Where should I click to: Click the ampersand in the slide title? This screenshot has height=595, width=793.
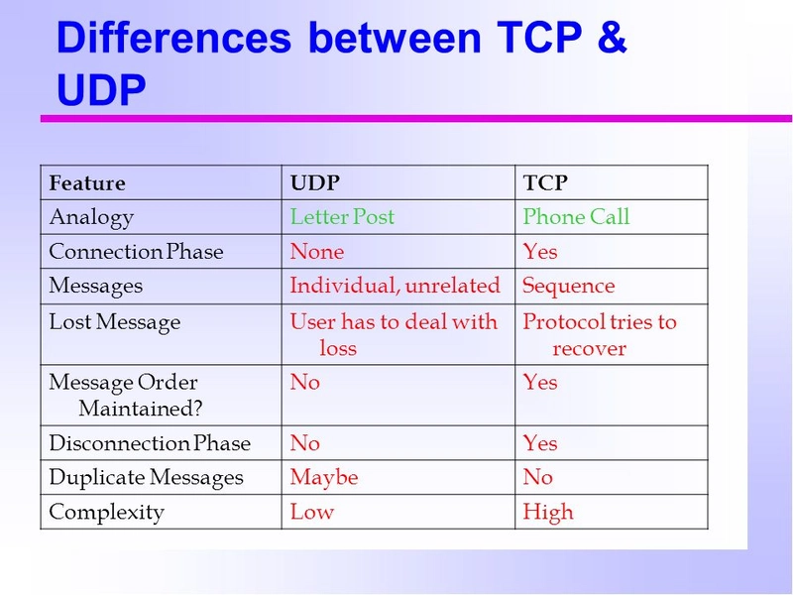coord(612,37)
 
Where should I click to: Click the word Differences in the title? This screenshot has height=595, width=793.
coord(174,37)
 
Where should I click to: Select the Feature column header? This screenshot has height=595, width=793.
coord(87,182)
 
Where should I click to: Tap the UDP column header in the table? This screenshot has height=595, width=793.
coord(314,182)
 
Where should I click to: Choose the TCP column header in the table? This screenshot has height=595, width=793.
coord(545,182)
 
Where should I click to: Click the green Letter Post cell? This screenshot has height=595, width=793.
coord(342,216)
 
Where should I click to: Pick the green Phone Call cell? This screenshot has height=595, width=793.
coord(576,216)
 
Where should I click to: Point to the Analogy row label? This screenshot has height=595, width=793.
coord(91,218)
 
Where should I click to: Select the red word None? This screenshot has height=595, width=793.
coord(317,252)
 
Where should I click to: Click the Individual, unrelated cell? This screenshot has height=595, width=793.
coord(395,286)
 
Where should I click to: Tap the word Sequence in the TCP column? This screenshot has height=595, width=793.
coord(569,287)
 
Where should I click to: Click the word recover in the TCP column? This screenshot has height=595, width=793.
coord(589,349)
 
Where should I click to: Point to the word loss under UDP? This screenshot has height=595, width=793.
coord(338,348)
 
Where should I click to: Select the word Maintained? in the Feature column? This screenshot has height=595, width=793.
coord(141,409)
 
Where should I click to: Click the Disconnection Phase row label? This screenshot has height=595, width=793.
coord(150,443)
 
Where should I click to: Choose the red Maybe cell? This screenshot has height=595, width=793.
coord(324,478)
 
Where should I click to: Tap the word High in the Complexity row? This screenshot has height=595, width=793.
coord(548,512)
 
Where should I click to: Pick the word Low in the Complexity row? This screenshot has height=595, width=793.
coord(312,512)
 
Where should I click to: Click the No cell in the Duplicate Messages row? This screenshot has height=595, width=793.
coord(537,477)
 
